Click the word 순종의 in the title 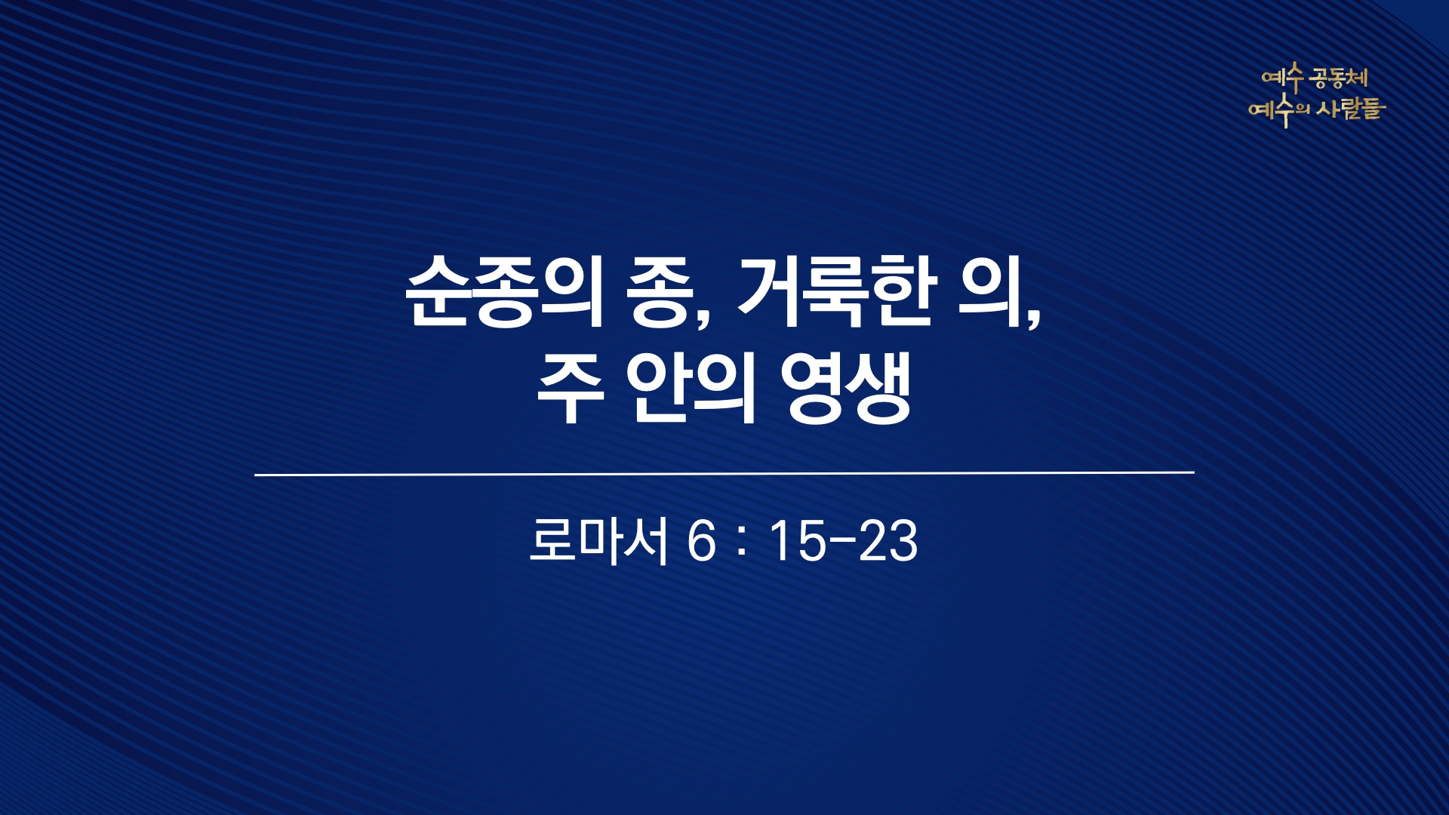tap(505, 292)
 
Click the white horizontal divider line tap(724, 474)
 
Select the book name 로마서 tap(598, 541)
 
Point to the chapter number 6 tap(701, 542)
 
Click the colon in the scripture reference tap(742, 543)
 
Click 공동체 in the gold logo tap(1340, 78)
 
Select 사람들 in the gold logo tap(1351, 109)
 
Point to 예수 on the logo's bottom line tap(1271, 110)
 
